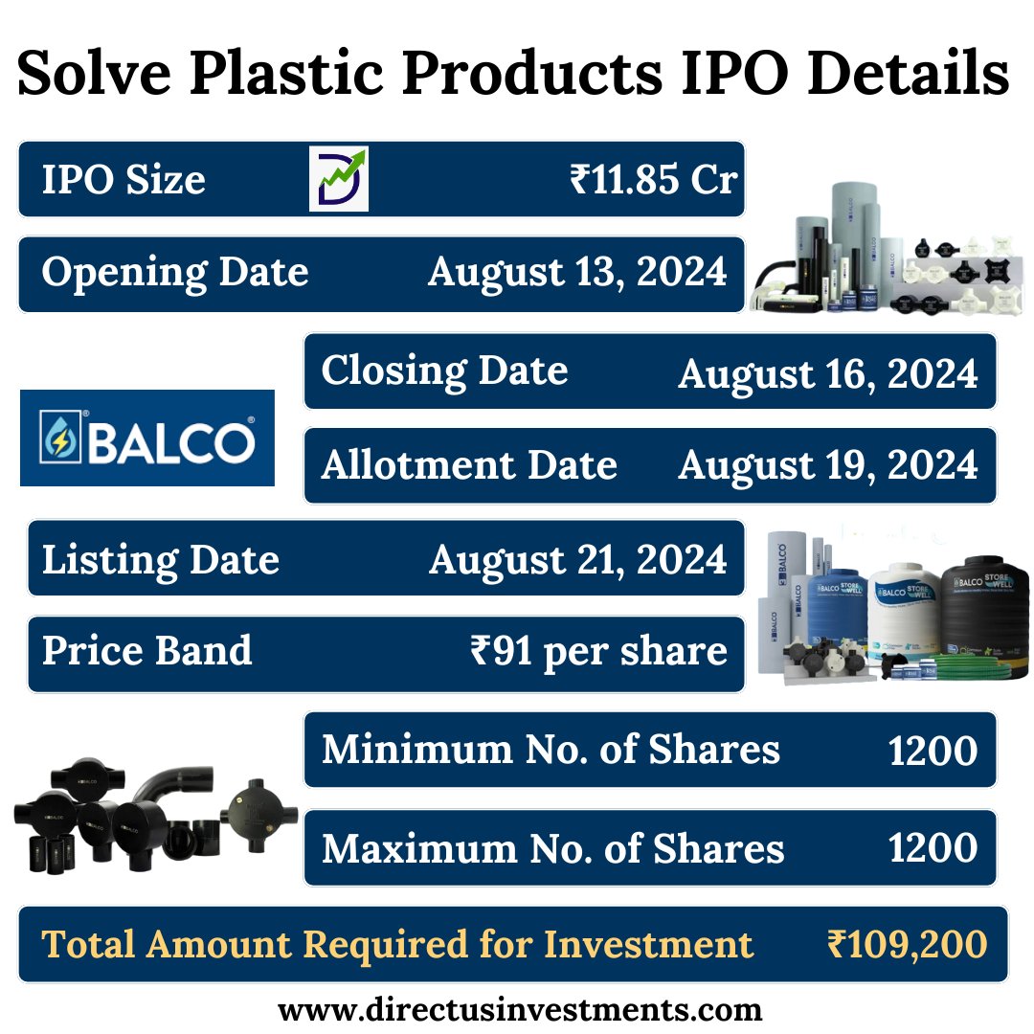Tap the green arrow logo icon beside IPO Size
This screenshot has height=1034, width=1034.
(338, 179)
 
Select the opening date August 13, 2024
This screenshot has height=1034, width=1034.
(577, 273)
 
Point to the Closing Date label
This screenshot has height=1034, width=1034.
(444, 371)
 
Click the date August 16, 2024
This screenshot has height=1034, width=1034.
(828, 373)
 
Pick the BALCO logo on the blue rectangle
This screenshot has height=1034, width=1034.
(147, 438)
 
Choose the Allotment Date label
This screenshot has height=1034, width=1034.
(469, 465)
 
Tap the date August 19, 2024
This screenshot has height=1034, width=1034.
(828, 466)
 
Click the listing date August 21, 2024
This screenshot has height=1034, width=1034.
(577, 559)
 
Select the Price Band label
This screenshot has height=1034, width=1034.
(147, 651)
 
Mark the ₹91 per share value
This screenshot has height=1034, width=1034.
(598, 652)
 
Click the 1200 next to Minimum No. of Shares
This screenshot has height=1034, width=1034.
(933, 752)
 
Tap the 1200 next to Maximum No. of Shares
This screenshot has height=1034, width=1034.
(933, 848)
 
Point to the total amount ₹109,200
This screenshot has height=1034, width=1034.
(907, 945)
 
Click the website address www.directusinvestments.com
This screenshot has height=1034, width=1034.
(520, 1009)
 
